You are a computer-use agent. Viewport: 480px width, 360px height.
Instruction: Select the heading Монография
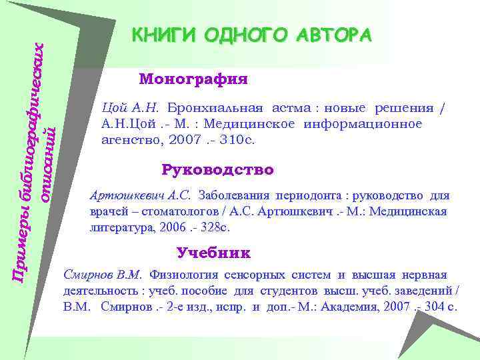point(193,79)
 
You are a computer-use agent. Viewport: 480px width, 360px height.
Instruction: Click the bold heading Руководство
point(217,169)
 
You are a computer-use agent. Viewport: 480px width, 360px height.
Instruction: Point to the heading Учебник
point(213,253)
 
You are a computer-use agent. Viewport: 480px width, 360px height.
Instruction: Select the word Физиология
point(179,275)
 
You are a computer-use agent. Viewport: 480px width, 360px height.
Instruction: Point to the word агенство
point(129,141)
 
